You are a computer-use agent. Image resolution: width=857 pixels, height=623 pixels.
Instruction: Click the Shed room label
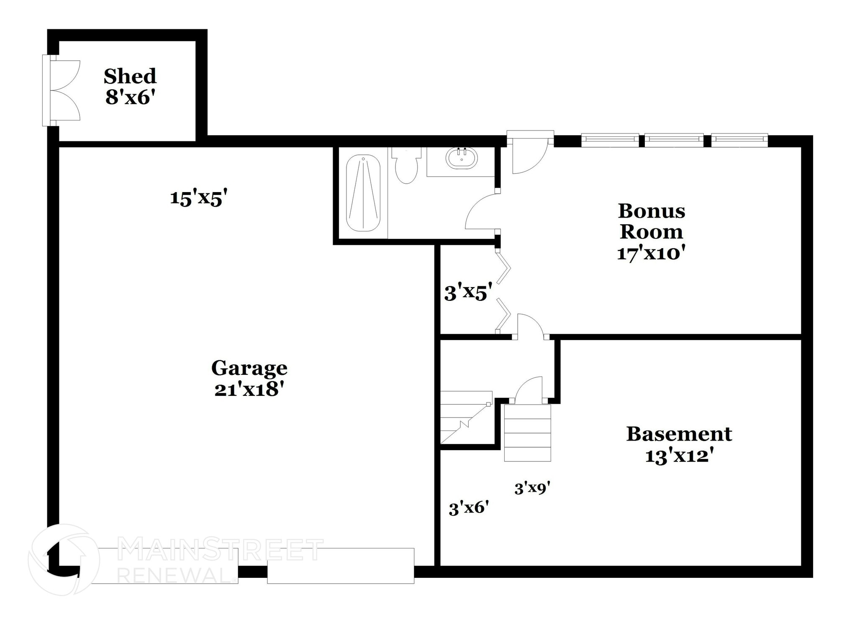(x=130, y=76)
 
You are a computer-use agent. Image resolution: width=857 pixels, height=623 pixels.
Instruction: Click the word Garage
(x=249, y=368)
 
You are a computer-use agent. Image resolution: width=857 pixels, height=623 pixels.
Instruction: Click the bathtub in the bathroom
(x=363, y=193)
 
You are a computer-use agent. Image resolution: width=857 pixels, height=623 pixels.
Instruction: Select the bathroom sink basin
(x=462, y=159)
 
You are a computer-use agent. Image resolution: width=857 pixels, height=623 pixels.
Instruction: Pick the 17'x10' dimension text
(x=651, y=253)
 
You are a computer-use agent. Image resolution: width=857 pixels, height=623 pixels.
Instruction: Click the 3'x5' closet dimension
(x=465, y=293)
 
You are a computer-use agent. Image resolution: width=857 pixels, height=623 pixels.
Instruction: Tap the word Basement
(x=679, y=434)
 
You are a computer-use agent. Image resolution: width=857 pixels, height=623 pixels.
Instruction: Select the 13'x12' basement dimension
(x=679, y=456)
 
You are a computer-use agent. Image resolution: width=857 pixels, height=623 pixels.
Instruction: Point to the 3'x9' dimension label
(x=532, y=488)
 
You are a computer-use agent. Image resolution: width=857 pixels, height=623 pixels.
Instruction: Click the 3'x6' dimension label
(x=469, y=508)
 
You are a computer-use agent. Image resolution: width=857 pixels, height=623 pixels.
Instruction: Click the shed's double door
(x=63, y=90)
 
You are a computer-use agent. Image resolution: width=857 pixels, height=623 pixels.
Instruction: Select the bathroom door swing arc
(x=481, y=212)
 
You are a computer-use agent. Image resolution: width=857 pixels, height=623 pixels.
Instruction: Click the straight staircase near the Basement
(x=527, y=433)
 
